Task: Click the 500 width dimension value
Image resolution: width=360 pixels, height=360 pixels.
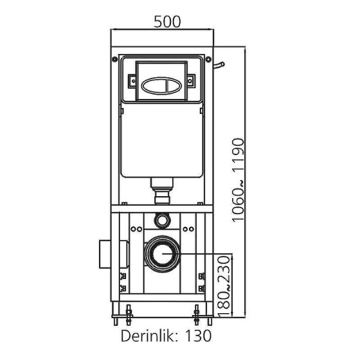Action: click(x=167, y=22)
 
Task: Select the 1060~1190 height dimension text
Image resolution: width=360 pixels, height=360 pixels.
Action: click(x=239, y=180)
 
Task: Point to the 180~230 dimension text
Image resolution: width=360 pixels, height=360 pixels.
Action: click(x=225, y=284)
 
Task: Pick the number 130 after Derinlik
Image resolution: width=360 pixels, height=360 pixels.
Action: click(x=198, y=335)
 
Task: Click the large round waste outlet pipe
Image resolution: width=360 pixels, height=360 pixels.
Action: click(x=161, y=254)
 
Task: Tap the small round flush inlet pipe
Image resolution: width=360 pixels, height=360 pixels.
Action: click(x=161, y=220)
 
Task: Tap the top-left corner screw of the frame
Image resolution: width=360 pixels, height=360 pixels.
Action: click(x=114, y=59)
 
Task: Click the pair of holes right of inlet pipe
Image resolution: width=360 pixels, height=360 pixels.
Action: click(x=187, y=229)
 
